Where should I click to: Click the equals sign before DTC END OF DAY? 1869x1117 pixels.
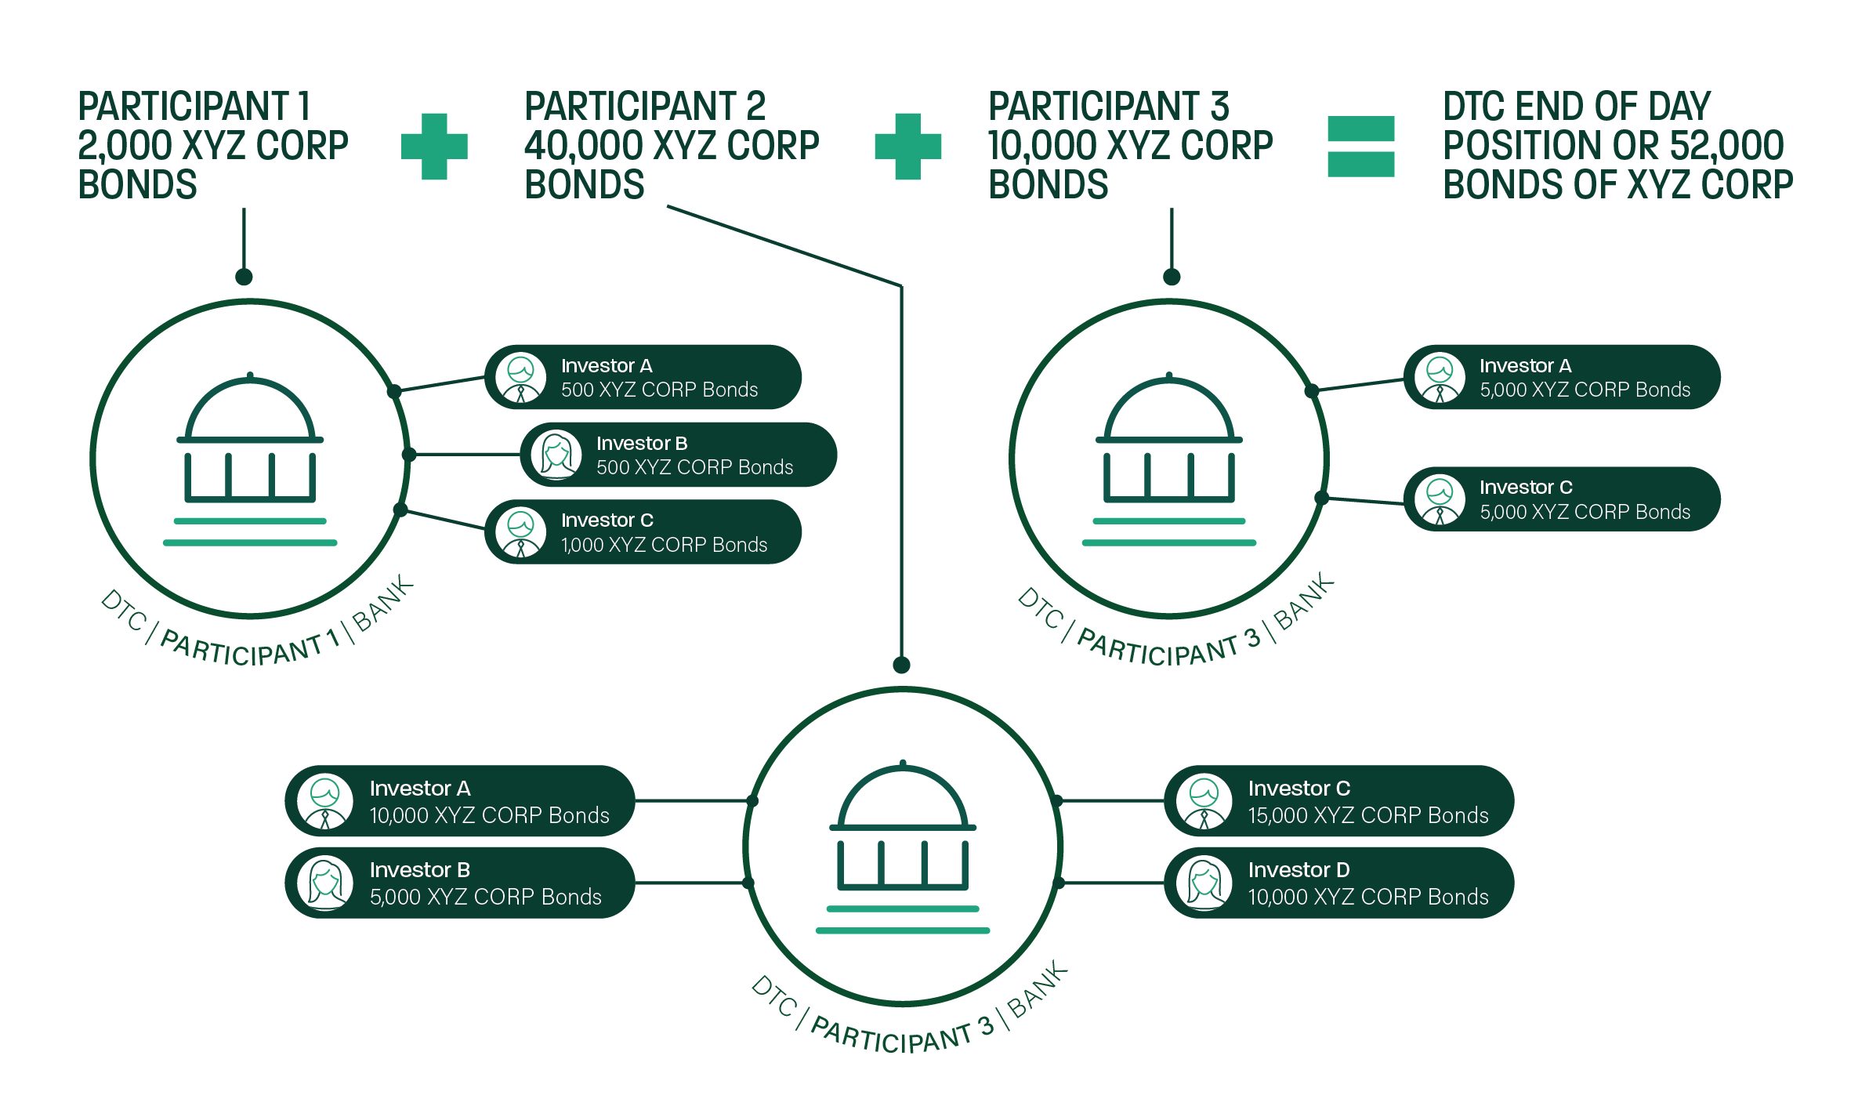coord(1360,147)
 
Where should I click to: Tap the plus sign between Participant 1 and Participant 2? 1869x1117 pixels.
coord(434,147)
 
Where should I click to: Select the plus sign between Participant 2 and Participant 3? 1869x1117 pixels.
coord(907,147)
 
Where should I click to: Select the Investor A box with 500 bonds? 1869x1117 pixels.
coord(643,377)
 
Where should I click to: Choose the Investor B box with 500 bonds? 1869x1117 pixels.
coord(678,455)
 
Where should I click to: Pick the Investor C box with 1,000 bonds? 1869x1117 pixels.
coord(643,532)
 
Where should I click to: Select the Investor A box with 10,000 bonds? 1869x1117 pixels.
coord(459,801)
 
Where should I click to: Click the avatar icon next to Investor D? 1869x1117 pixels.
coord(1204,883)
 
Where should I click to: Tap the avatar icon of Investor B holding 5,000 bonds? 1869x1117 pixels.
coord(325,883)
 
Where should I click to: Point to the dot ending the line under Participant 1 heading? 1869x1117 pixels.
coord(244,277)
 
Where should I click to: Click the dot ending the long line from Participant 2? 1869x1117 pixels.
coord(901,665)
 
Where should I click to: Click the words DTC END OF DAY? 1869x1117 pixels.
coord(1576,107)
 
